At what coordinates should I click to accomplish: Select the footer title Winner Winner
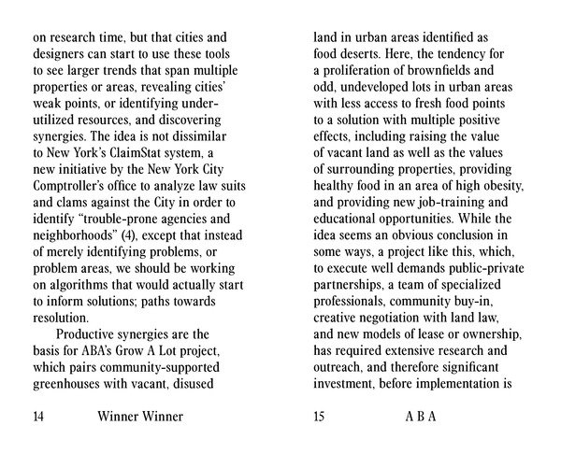click(140, 417)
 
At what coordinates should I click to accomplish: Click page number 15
click(321, 417)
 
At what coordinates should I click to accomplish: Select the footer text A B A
click(421, 417)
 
